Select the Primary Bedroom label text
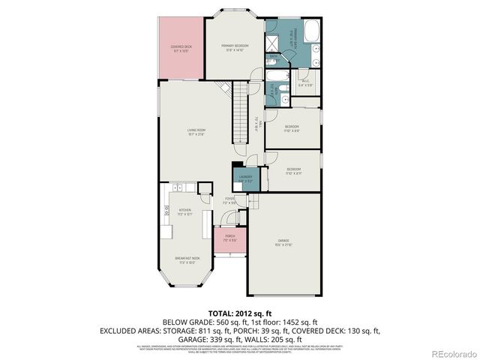(235, 48)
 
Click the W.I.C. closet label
(306, 84)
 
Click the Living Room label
(196, 132)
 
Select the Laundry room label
(245, 178)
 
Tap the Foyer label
(229, 201)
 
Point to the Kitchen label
(184, 212)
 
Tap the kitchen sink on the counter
(179, 187)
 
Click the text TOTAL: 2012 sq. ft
(239, 313)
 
